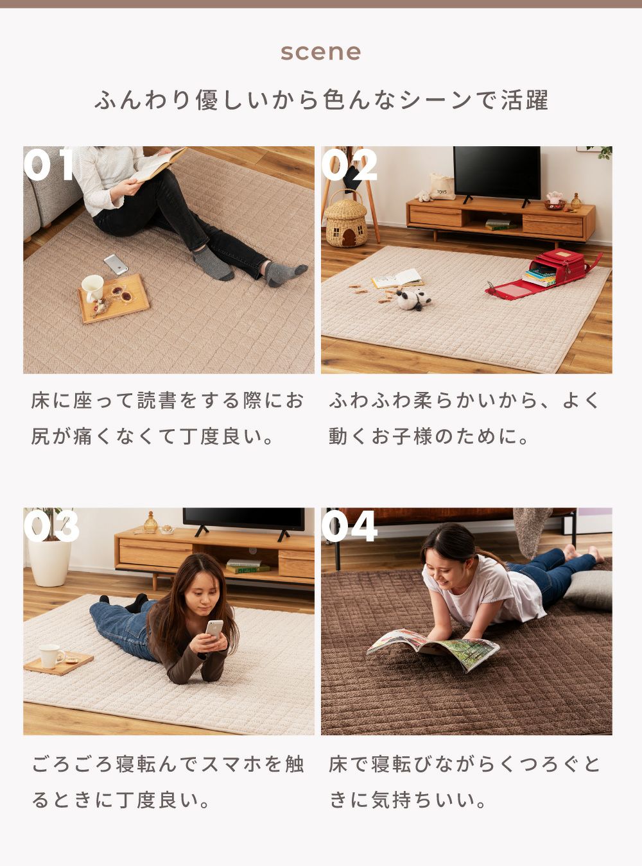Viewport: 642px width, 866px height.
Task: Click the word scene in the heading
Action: coord(320,53)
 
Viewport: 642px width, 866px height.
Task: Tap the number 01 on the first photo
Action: coord(48,165)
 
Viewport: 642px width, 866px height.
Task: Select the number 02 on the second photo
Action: coord(349,165)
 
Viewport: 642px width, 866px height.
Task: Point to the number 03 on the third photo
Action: coord(51,526)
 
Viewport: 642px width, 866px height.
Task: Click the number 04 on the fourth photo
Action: coord(349,526)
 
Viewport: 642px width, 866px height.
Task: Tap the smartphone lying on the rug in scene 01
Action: coord(116,264)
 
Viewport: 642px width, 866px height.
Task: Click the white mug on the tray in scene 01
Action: coord(92,288)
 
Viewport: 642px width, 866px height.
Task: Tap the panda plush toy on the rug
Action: coord(413,300)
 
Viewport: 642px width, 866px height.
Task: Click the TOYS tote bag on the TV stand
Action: coord(442,187)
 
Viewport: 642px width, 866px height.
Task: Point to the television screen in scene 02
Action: coord(497,172)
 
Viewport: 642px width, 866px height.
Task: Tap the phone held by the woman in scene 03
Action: coord(214,629)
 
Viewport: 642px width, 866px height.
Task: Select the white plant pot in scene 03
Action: coord(49,562)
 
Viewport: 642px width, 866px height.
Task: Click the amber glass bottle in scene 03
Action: coord(150,522)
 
